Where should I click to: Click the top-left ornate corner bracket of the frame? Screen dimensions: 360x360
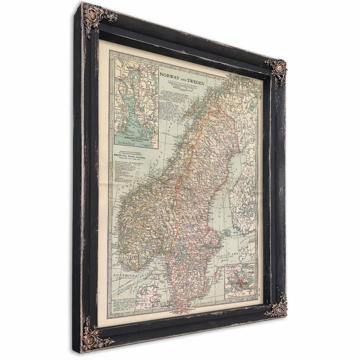pos(95,17)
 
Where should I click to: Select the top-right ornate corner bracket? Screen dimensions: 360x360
pos(276,69)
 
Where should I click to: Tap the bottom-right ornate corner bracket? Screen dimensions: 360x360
pos(277,306)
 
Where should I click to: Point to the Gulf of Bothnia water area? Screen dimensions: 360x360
pos(235,170)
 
